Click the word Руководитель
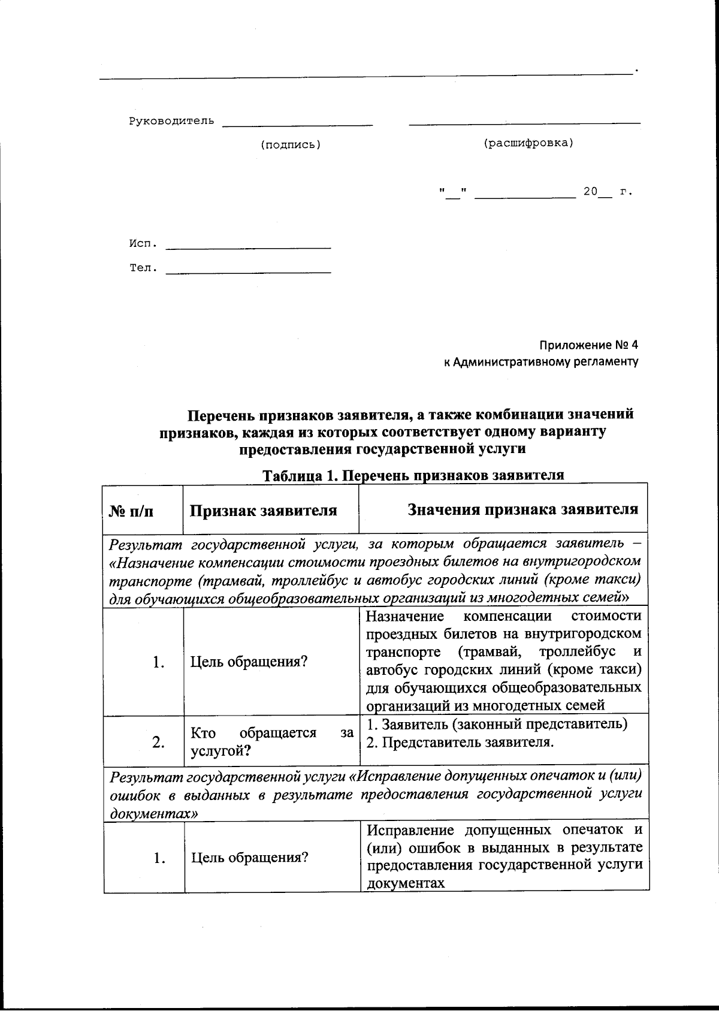click(171, 122)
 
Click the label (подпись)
click(291, 145)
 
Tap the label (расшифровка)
click(528, 143)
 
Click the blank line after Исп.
click(248, 247)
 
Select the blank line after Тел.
click(248, 272)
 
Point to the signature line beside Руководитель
click(297, 124)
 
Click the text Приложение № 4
click(588, 345)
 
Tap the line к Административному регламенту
click(540, 362)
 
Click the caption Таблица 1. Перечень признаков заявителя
click(413, 475)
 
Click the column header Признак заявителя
click(264, 511)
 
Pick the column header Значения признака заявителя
click(522, 509)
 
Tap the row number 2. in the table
click(158, 743)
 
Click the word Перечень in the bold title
click(221, 415)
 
